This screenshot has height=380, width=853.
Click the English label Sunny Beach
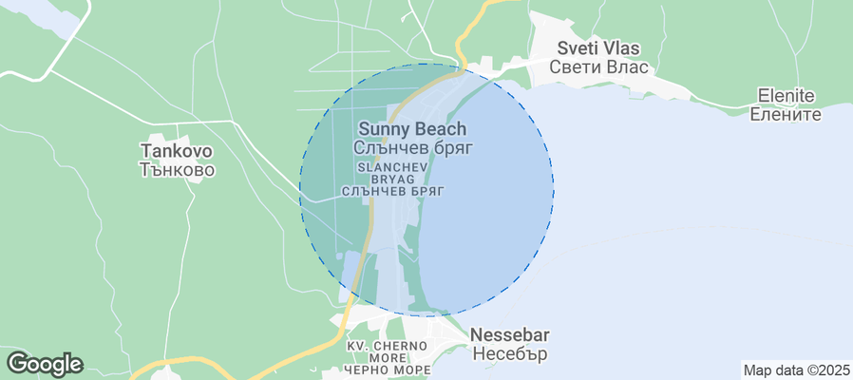tap(412, 129)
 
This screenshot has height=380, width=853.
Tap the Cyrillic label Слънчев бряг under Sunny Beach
tap(412, 148)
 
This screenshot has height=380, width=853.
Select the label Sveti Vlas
tap(598, 48)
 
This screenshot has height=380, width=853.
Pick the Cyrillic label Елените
tap(786, 114)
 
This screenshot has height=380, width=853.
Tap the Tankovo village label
tap(177, 151)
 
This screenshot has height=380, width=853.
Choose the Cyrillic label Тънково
tap(177, 170)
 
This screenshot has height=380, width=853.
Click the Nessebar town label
tap(510, 335)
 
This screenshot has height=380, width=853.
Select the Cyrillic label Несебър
tap(510, 354)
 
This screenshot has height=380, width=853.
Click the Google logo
tap(44, 363)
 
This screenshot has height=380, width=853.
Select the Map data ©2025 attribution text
tap(795, 370)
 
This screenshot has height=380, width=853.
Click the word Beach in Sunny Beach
tap(441, 129)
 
